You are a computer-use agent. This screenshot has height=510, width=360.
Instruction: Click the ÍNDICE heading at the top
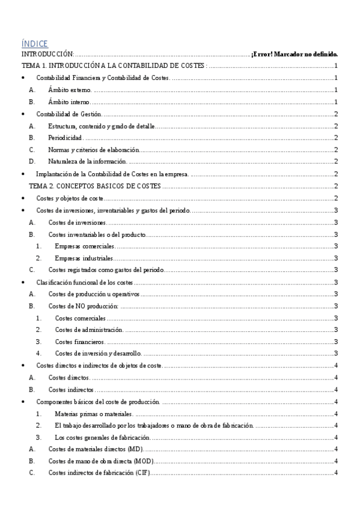coord(34,43)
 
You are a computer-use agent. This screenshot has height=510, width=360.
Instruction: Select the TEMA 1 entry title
coord(114,66)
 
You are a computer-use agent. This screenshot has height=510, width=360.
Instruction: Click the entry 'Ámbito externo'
coord(71,90)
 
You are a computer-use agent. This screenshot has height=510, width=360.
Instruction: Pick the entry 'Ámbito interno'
coord(71,102)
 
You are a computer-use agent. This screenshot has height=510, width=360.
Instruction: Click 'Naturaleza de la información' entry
coord(87,161)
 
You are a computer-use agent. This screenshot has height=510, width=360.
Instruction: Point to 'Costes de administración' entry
coord(89,329)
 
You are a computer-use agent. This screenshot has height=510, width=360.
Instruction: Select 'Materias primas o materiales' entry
coord(93,413)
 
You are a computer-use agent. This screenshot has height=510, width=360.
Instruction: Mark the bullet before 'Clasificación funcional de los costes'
coord(23,281)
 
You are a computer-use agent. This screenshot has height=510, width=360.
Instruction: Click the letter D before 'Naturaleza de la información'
coord(32,161)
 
